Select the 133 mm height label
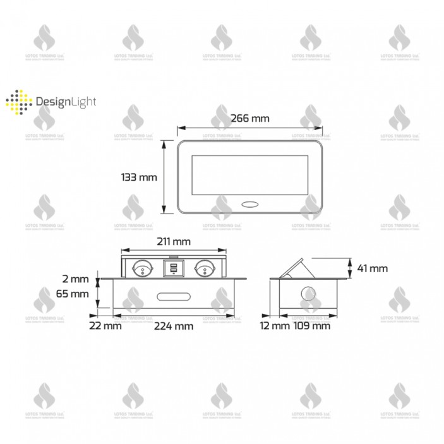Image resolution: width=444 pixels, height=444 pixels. pos(138,177)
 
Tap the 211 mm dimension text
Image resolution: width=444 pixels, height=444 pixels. pos(173,242)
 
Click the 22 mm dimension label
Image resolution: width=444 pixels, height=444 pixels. pos(105,326)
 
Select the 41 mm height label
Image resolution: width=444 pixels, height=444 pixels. pos(372,268)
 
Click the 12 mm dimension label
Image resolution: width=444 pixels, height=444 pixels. pos(275,326)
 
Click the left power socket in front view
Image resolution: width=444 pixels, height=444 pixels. pos(143,268)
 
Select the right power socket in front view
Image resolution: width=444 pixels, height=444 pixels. pos(204,268)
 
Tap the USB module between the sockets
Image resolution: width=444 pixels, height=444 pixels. pos(173,268)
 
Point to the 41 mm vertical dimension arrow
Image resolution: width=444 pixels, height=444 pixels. pos(349,268)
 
